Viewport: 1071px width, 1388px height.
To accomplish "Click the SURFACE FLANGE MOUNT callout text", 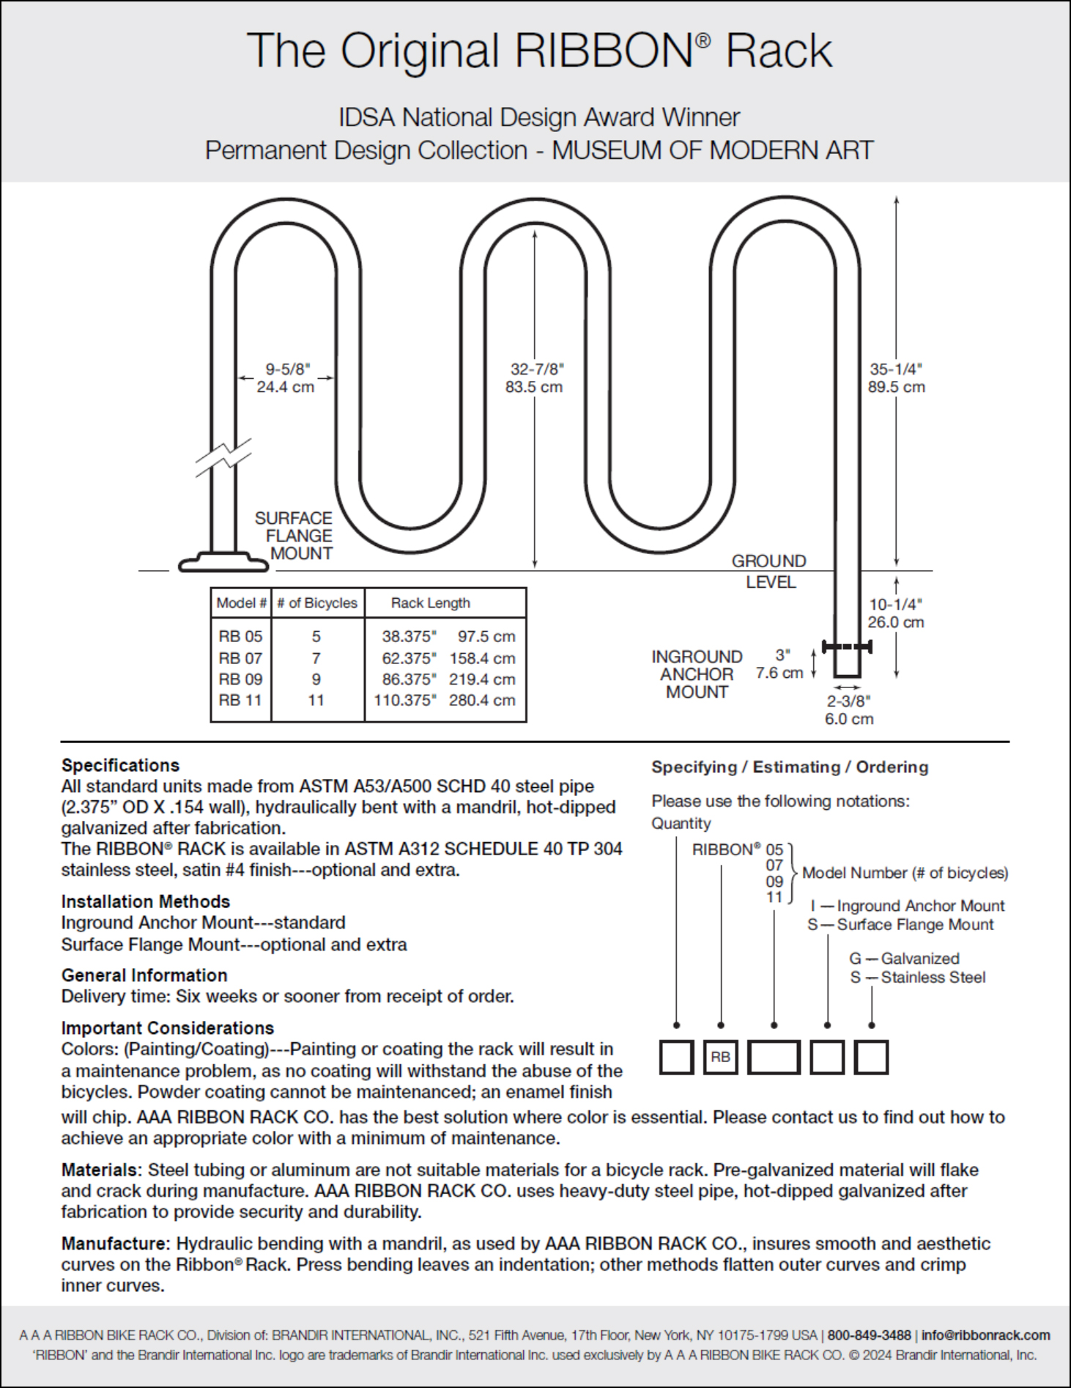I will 294,536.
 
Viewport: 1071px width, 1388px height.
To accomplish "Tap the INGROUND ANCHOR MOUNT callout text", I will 697,674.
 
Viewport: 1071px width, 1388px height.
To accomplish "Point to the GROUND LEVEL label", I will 769,571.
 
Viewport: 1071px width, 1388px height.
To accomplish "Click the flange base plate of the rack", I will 223,563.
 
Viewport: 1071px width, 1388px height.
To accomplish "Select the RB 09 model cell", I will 240,679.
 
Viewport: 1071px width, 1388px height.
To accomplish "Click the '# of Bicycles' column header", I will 317,602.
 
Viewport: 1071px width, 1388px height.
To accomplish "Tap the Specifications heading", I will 120,765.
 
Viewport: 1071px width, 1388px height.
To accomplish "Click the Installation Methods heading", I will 145,901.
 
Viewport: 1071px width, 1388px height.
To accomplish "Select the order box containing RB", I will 720,1057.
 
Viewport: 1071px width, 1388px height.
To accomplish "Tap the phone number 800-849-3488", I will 869,1335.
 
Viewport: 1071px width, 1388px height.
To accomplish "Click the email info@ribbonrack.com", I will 985,1335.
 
